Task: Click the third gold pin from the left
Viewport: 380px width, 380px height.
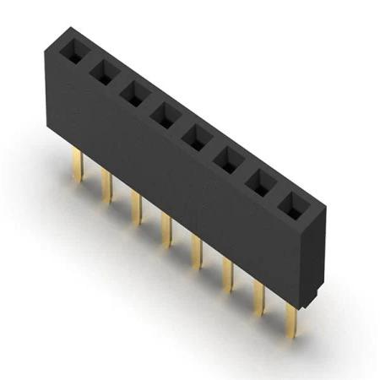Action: pos(135,207)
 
